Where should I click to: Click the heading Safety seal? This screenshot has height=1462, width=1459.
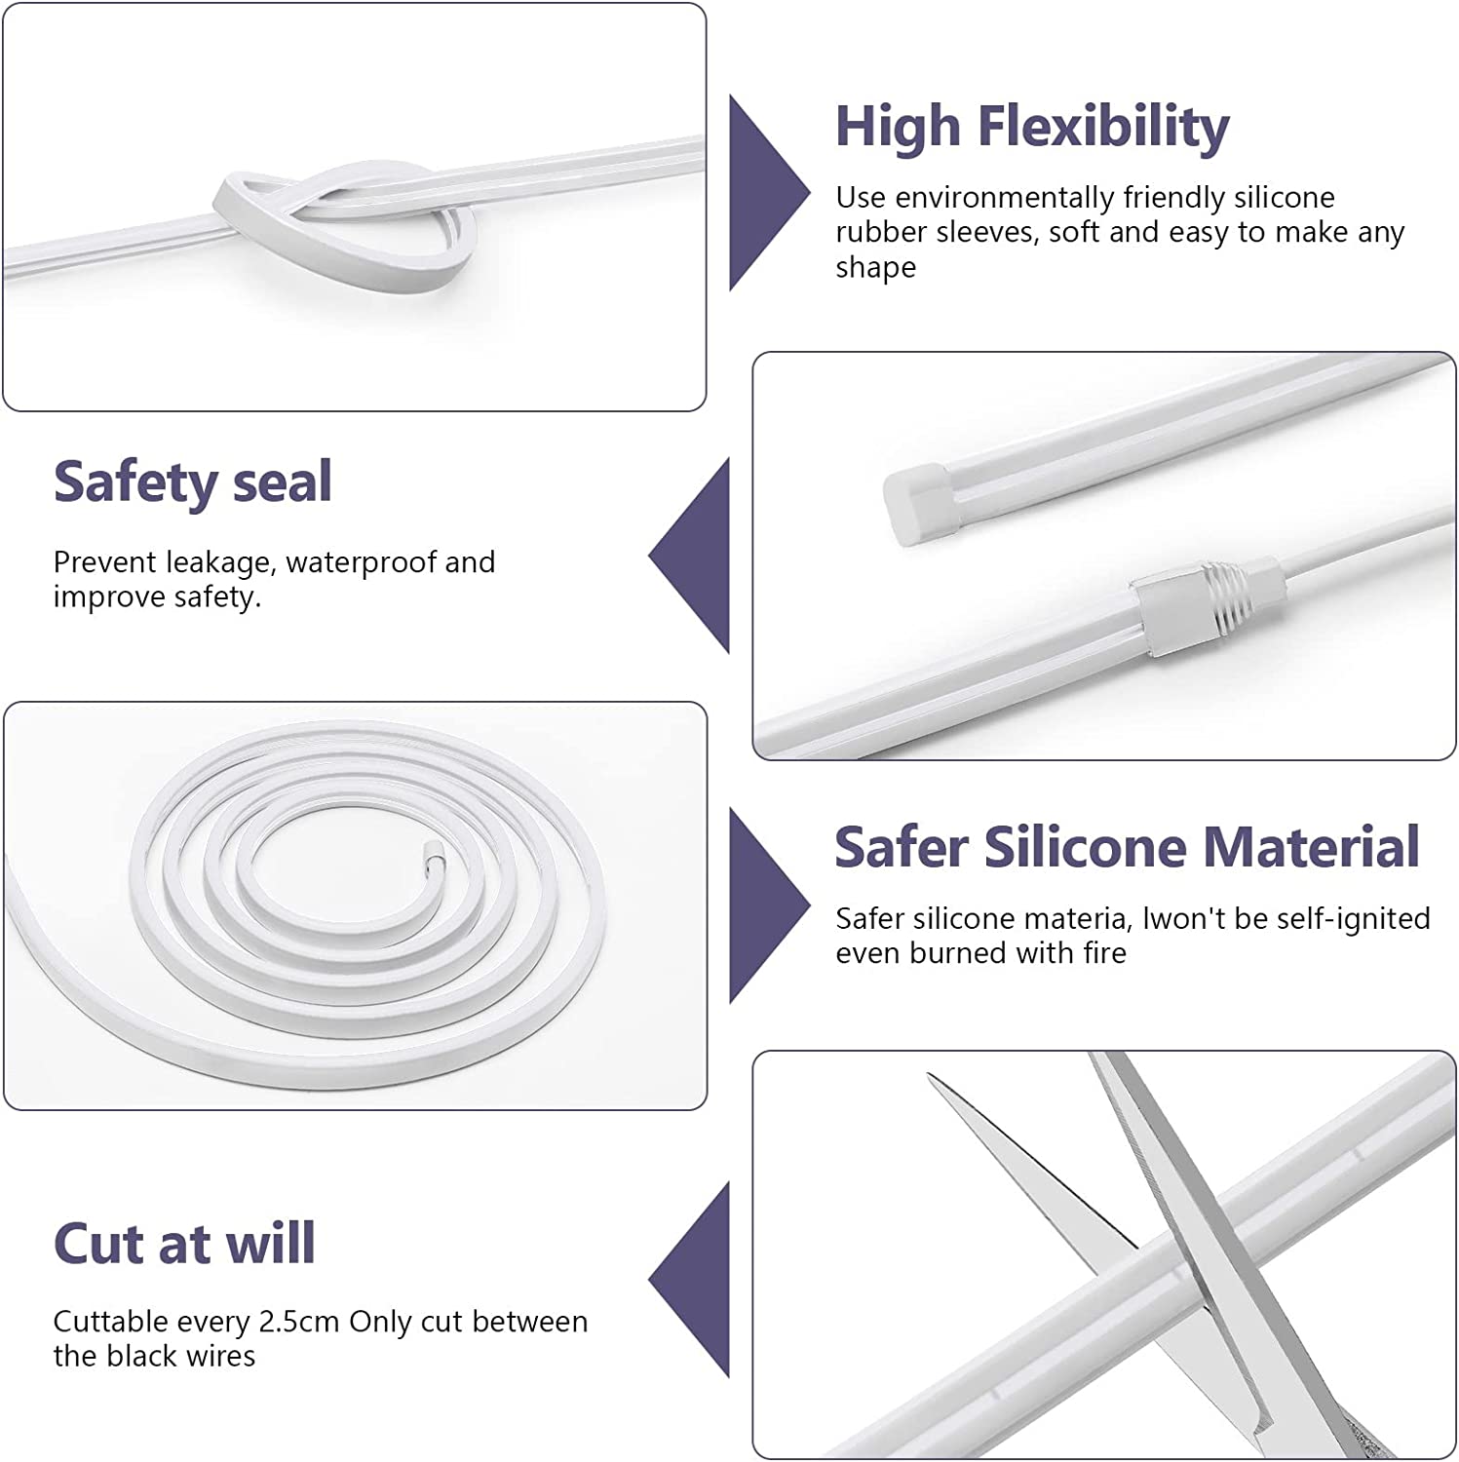[x=193, y=481]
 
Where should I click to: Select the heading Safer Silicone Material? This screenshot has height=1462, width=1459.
[x=1127, y=846]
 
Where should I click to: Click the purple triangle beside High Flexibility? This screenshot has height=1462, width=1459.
[x=769, y=193]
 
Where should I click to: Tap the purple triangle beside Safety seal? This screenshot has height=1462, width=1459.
[x=690, y=557]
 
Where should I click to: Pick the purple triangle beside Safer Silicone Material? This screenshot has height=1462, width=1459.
[x=769, y=905]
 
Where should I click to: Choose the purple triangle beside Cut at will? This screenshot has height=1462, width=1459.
[x=690, y=1280]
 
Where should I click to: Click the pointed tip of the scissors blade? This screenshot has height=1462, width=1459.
[x=930, y=1077]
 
